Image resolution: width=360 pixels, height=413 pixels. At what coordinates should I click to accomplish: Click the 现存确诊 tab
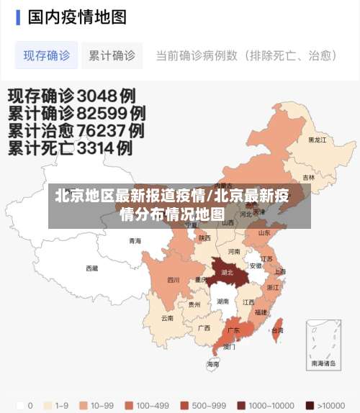tap(47, 55)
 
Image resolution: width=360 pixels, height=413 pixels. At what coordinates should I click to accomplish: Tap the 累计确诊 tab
tap(112, 55)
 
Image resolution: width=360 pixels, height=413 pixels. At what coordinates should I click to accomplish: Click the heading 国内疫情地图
tap(77, 17)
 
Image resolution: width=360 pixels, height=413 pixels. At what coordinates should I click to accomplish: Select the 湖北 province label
tap(227, 273)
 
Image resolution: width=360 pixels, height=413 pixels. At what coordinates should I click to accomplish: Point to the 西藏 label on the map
tap(92, 268)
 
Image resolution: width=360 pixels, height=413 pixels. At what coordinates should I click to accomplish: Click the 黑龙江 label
tap(317, 140)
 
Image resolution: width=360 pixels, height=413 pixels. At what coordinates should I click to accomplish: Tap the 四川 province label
tap(174, 280)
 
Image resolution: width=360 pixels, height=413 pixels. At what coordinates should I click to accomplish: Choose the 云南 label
tap(167, 317)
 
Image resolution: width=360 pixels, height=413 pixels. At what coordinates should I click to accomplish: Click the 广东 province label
tap(233, 330)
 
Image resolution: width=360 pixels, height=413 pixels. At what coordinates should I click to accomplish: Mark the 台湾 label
tap(276, 330)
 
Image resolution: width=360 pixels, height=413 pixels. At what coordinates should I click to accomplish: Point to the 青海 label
tap(135, 241)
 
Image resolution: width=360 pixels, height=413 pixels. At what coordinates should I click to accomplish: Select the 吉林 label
tap(308, 177)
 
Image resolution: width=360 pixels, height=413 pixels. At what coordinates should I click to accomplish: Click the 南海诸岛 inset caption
tap(322, 363)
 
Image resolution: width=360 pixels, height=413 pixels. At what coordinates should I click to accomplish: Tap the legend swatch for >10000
tap(310, 405)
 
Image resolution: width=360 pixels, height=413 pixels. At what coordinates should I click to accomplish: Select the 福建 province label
tap(261, 312)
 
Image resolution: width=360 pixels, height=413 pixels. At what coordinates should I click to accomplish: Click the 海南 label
tap(213, 364)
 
